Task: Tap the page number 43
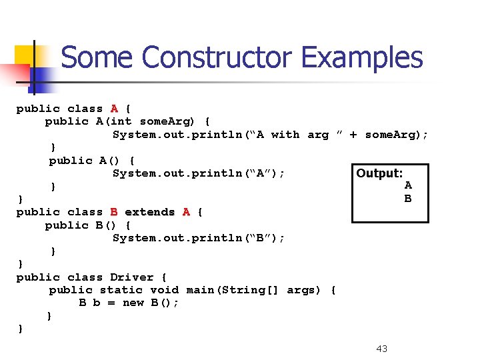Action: [x=382, y=349]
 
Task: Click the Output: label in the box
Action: [x=379, y=173]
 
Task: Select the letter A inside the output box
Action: [x=408, y=185]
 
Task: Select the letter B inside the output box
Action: [x=408, y=198]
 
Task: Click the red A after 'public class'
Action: [x=115, y=109]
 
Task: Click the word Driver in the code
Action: [x=131, y=277]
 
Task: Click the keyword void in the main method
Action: [x=164, y=290]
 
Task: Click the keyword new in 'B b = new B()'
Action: [x=133, y=303]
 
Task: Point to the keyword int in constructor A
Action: [x=122, y=121]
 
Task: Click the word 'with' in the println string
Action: [x=285, y=135]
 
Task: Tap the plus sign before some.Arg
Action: [x=353, y=135]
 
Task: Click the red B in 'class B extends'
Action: [x=115, y=212]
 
